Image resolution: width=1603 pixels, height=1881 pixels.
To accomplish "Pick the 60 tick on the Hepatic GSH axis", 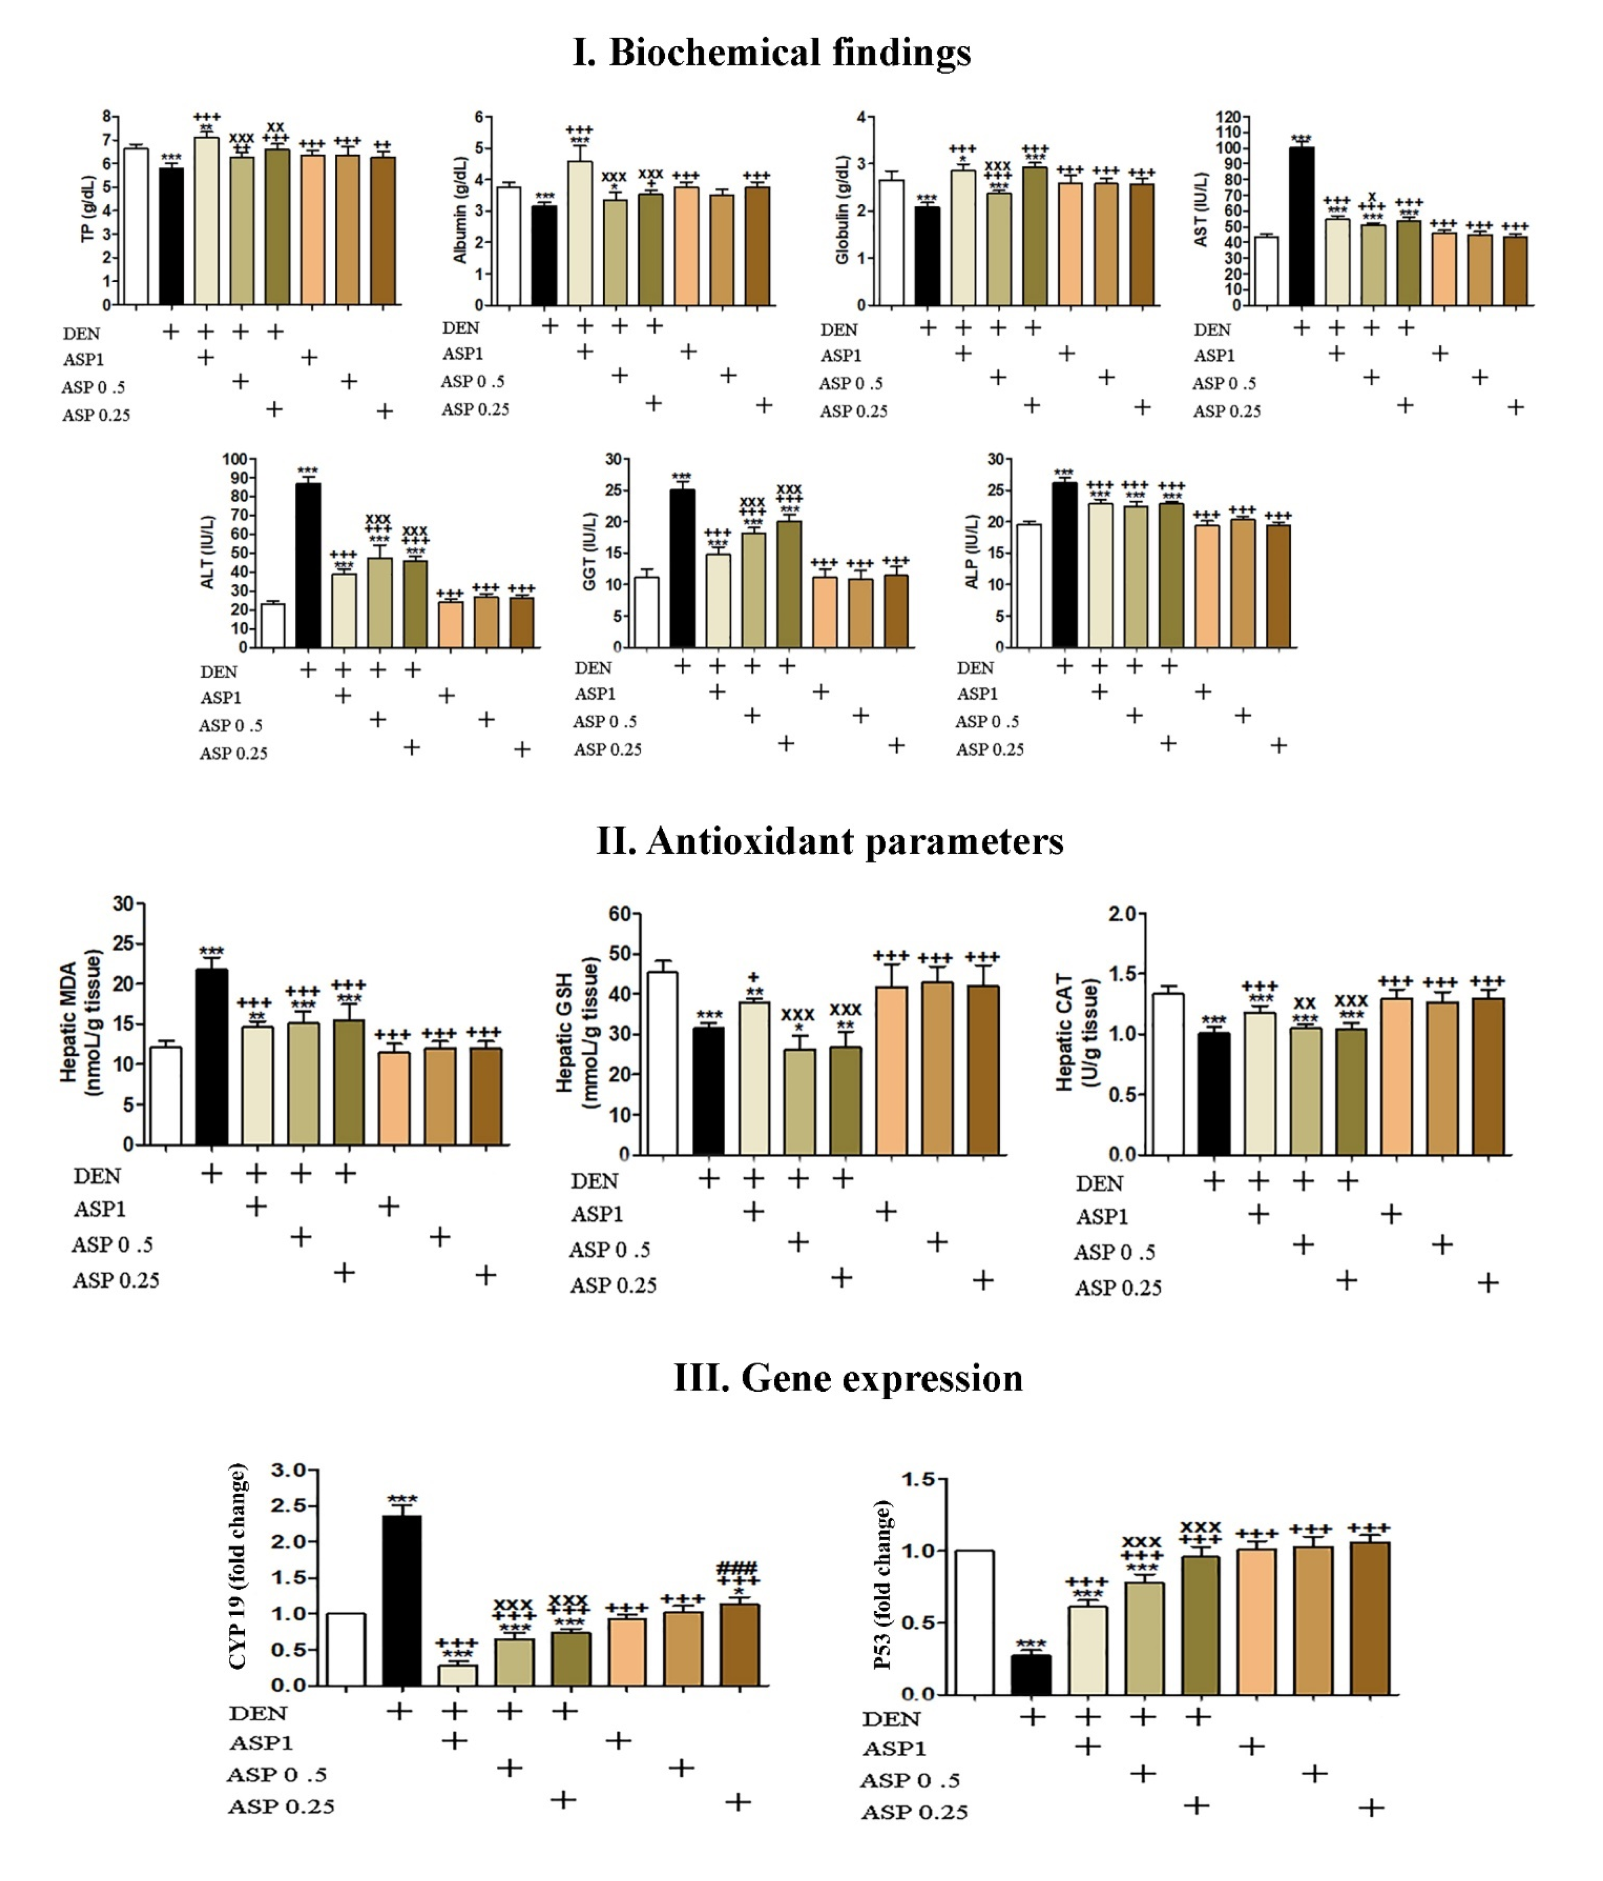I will [x=620, y=913].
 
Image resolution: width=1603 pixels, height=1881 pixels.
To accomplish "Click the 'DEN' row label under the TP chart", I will [x=82, y=333].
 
